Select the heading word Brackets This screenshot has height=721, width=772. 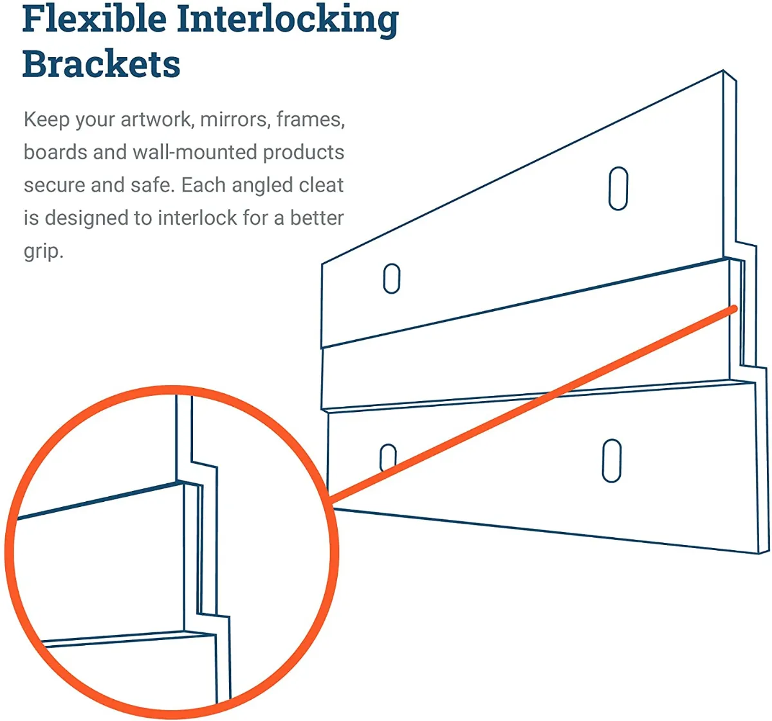point(101,65)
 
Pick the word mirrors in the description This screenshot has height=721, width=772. point(235,120)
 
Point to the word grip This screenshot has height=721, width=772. point(42,251)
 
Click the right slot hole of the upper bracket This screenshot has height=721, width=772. point(618,188)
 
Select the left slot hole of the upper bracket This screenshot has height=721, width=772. point(391,279)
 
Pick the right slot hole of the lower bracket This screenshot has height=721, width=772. point(611,461)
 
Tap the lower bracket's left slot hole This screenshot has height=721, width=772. point(388,457)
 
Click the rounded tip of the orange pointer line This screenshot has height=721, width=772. point(733,310)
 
